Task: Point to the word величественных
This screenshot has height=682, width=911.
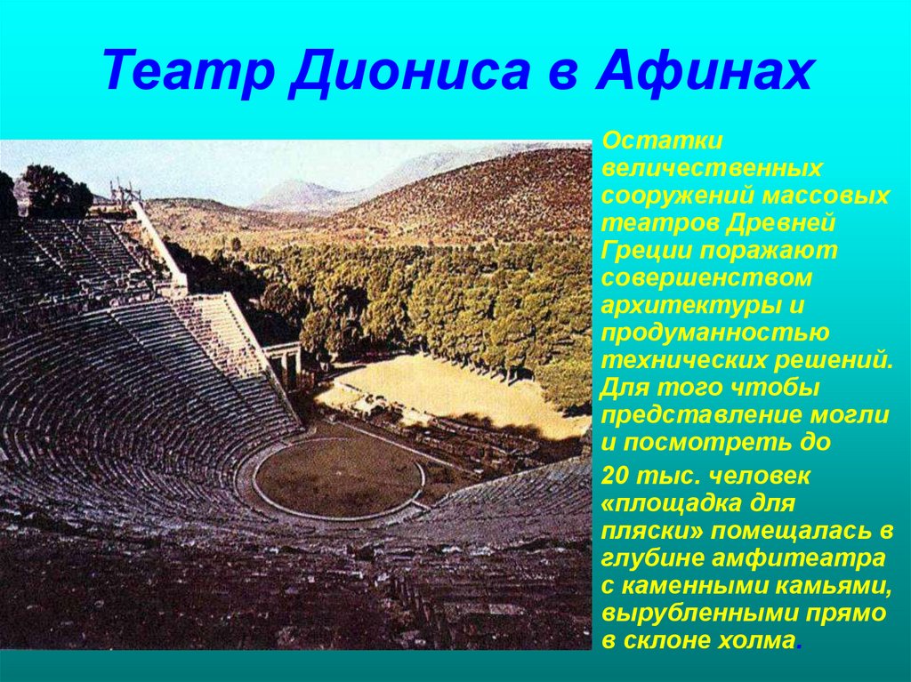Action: (x=711, y=167)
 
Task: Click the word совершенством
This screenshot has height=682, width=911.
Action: (x=707, y=278)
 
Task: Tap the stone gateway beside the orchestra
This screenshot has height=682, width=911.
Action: (x=285, y=360)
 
